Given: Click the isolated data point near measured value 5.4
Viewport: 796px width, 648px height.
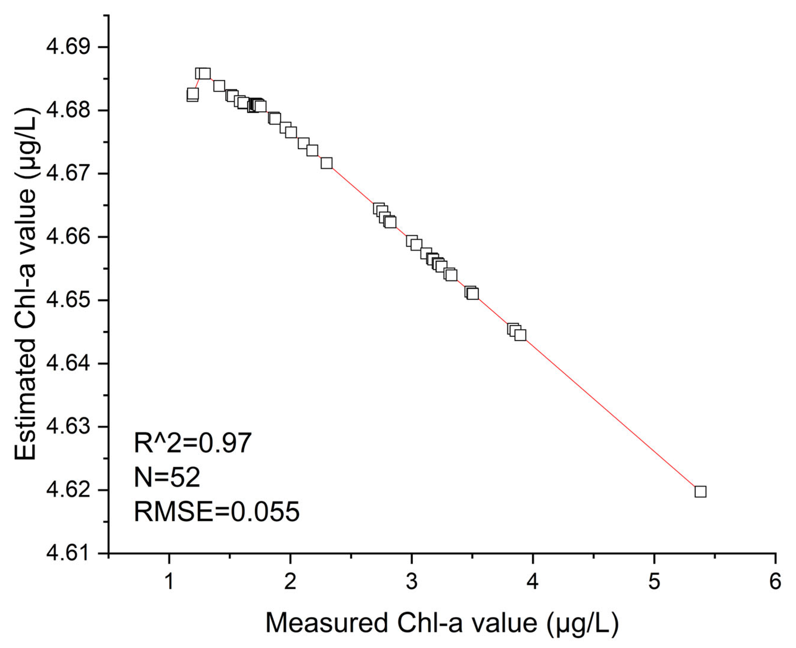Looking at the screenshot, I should click(700, 492).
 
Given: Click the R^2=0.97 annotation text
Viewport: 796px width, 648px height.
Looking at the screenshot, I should click(193, 444).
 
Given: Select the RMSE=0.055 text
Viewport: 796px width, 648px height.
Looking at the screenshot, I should click(216, 511).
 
